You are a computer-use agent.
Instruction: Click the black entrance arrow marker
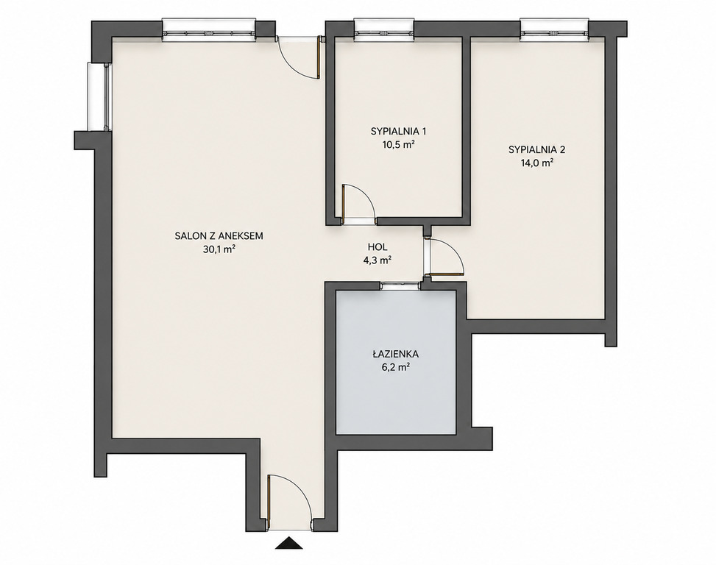[289, 543]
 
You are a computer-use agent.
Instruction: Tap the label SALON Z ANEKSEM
[219, 236]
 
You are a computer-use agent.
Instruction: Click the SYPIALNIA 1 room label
[399, 132]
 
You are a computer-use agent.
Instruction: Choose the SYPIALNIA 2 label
[537, 149]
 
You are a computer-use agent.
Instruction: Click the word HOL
[378, 247]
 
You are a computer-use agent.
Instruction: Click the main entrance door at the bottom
[290, 502]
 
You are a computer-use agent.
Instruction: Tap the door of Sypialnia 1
[358, 204]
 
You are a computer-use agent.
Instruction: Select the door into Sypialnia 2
[444, 257]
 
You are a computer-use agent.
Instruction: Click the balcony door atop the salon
[299, 57]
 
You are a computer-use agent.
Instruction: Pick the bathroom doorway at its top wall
[401, 285]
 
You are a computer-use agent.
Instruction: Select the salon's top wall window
[209, 30]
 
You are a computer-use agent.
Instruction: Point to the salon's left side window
[99, 96]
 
